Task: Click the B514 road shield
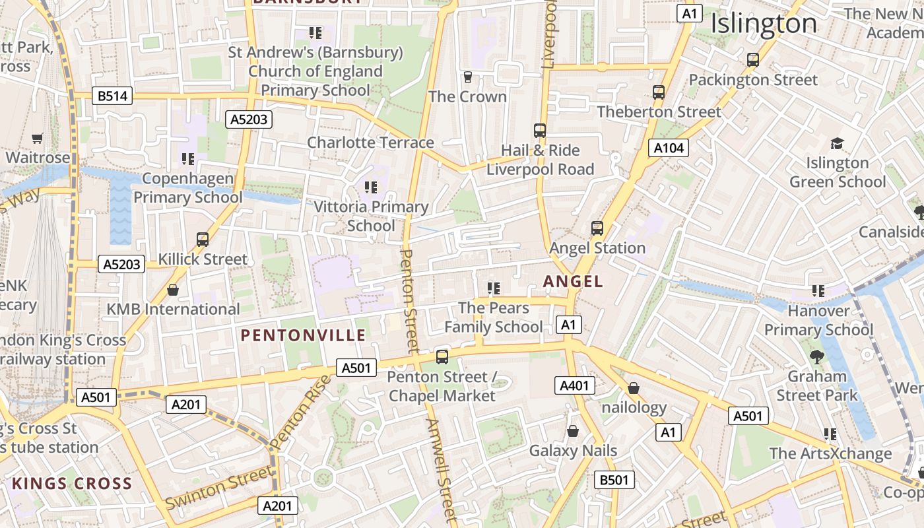[113, 96]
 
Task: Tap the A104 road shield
[668, 148]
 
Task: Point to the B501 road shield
[614, 480]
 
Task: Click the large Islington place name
[764, 24]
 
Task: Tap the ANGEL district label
[573, 281]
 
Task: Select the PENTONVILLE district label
[303, 335]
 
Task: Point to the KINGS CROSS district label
[72, 483]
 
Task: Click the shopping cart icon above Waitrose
[38, 139]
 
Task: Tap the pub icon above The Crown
[468, 77]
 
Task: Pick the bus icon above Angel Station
[597, 228]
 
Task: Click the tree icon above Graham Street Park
[817, 357]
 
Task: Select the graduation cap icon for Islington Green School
[837, 143]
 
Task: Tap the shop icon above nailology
[634, 388]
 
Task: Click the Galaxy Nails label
[573, 451]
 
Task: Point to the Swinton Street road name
[218, 488]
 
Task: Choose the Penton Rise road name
[301, 412]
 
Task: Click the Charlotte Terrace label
[370, 143]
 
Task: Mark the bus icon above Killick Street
[203, 240]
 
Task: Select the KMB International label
[173, 309]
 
